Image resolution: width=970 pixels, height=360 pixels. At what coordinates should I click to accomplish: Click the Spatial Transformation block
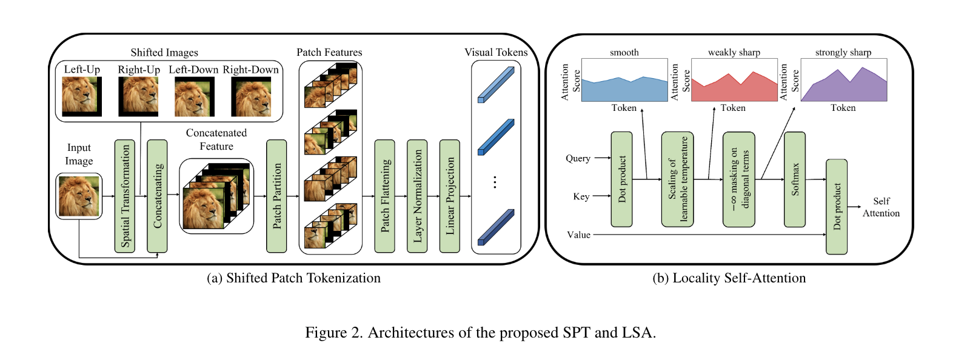tap(125, 196)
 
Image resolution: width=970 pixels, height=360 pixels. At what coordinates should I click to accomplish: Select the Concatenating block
tap(157, 196)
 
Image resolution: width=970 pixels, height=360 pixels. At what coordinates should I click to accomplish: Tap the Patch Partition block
tap(276, 196)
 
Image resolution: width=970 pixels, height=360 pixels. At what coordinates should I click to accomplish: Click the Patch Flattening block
tap(384, 196)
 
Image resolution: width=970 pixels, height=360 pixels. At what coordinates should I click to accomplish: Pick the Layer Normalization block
tap(417, 196)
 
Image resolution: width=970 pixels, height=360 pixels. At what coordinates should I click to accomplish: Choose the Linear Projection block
tap(449, 196)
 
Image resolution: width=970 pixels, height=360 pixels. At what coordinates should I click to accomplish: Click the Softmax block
tap(795, 179)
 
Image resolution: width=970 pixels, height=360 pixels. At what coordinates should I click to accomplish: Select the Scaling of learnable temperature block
tap(678, 179)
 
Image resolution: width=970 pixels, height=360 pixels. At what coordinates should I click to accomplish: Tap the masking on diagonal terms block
tap(739, 179)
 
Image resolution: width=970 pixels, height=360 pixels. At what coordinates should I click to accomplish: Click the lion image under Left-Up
tap(82, 96)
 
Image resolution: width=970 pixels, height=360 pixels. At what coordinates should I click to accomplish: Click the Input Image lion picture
tap(79, 196)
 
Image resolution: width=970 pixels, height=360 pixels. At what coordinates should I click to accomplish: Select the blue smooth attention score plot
tap(624, 80)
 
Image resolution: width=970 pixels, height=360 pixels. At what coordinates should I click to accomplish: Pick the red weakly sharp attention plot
tap(734, 80)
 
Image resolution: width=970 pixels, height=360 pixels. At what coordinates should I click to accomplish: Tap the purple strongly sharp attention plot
tap(843, 80)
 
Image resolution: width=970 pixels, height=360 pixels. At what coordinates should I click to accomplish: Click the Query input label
tap(578, 158)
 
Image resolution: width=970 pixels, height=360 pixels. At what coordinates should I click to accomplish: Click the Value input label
tap(578, 235)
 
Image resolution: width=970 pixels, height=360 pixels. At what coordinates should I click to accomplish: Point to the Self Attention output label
tap(881, 207)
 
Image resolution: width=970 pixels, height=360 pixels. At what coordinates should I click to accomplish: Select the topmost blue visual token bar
tap(496, 84)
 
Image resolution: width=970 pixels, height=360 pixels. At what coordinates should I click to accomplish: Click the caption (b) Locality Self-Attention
tap(729, 278)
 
